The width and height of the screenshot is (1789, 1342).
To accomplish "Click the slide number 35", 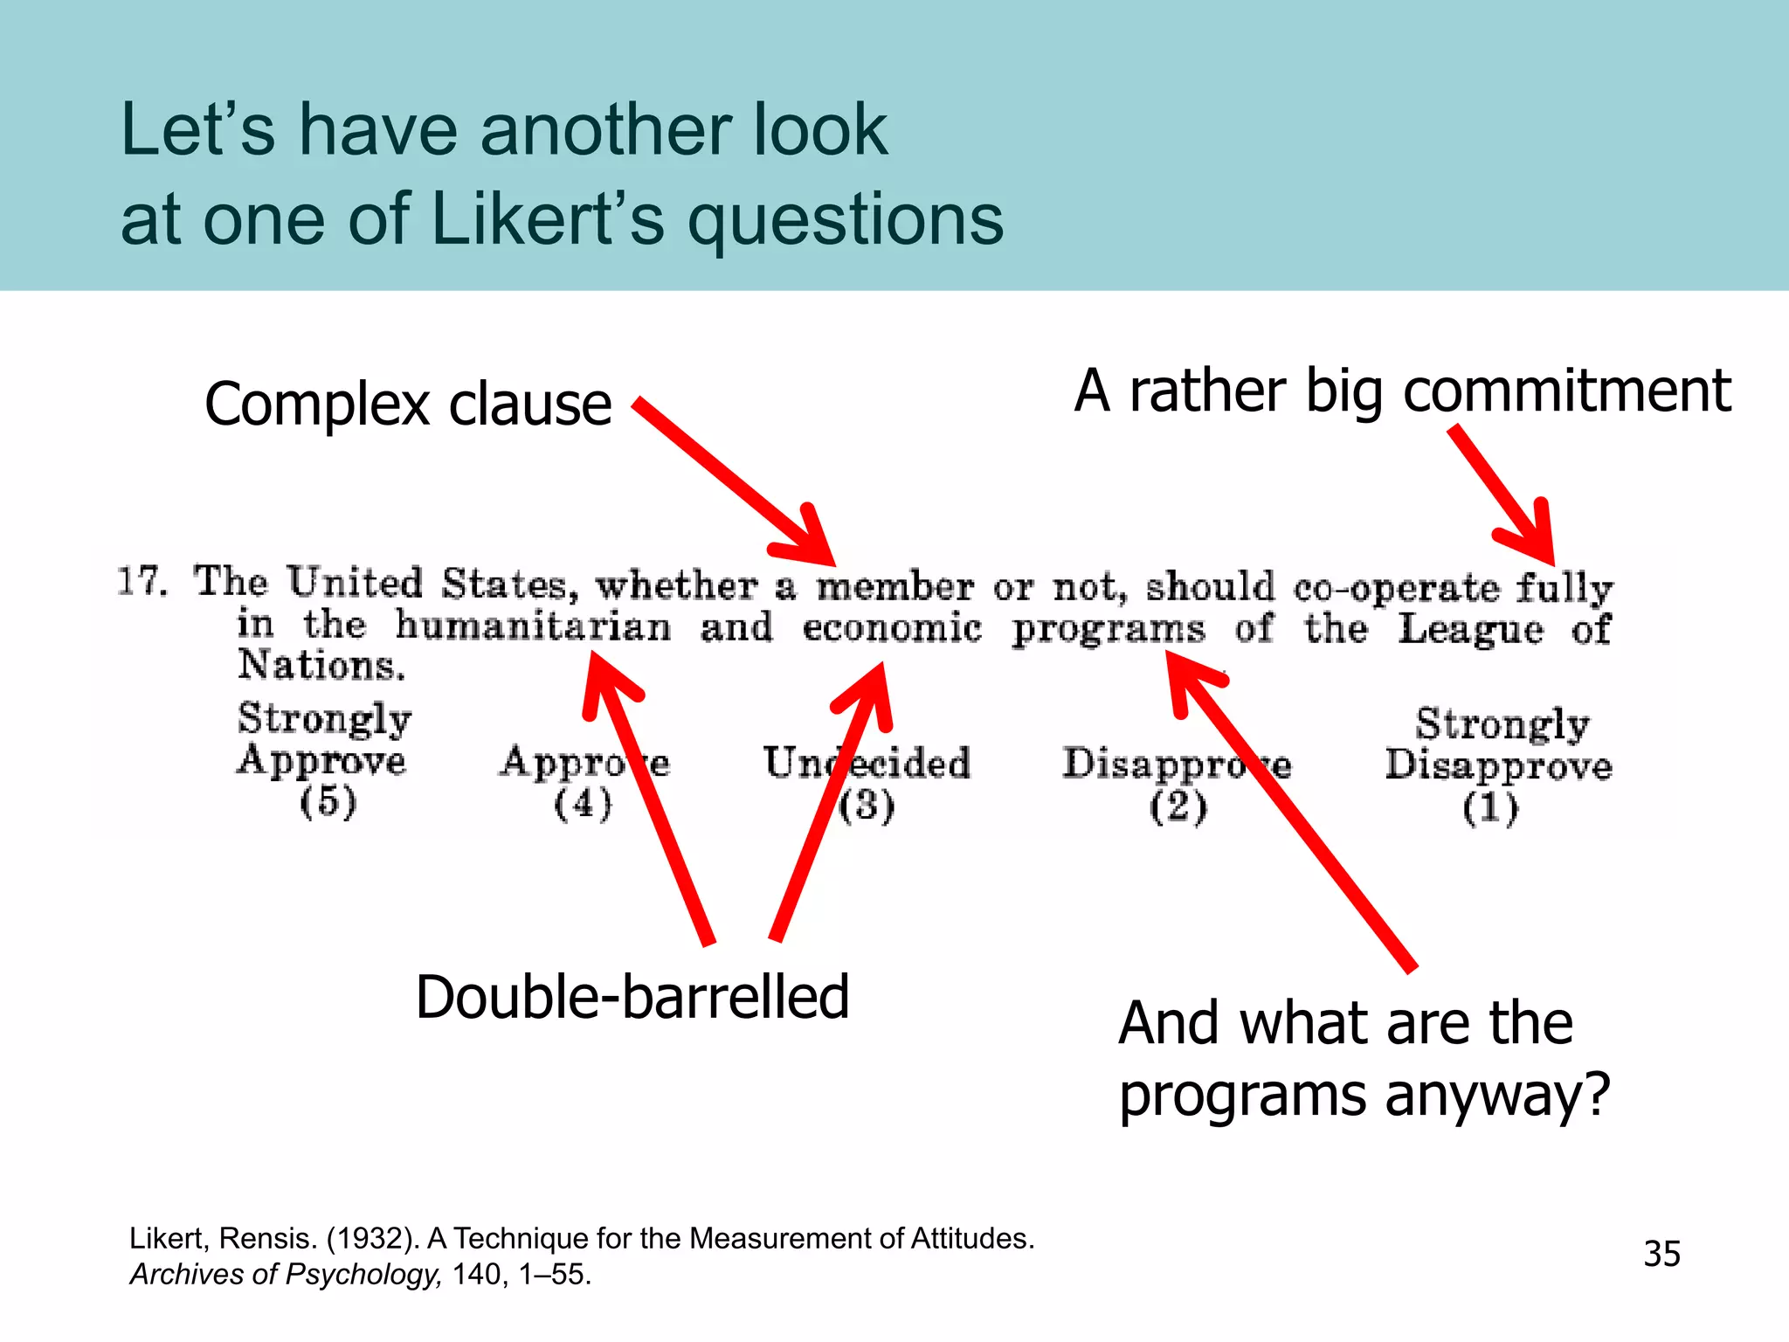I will coord(1661,1254).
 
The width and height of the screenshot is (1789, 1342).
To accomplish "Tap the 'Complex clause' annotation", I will coord(408,405).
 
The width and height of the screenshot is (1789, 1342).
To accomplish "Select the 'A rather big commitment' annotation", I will coord(1402,391).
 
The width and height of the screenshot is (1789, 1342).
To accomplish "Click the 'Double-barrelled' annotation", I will coord(632,998).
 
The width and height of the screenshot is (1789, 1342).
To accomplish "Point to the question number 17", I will coord(142,582).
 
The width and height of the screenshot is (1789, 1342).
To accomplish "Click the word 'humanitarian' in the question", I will coord(533,626).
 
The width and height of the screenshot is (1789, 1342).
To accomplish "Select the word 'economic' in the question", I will coord(892,628).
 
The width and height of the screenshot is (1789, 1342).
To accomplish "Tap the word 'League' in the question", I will coord(1470,630).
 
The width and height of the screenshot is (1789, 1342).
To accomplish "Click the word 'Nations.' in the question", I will coord(321,666).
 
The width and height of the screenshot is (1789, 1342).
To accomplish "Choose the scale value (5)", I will coord(328,802).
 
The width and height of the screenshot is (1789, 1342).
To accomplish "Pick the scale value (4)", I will coord(583,804).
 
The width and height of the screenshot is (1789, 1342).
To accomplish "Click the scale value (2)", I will coord(1178,806).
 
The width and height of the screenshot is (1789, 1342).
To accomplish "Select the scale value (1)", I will coord(1490,807).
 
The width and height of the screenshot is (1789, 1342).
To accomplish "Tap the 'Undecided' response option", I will coord(867,763).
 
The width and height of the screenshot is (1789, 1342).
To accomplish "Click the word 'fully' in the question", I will coord(1564,588).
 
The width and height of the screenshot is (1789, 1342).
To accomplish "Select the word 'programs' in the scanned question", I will coord(1108,630).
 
